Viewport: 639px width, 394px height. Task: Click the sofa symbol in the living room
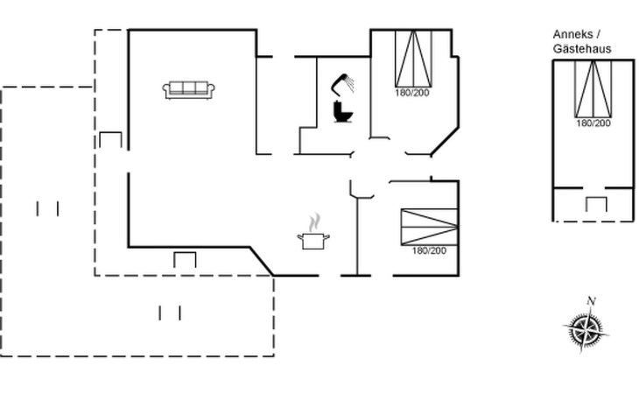click(189, 90)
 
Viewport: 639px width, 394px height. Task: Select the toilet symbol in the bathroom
click(343, 111)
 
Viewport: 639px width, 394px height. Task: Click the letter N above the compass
click(592, 301)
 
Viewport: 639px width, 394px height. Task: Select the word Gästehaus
click(582, 49)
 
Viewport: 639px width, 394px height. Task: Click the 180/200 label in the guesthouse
click(593, 123)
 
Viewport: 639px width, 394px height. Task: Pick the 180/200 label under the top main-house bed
click(412, 93)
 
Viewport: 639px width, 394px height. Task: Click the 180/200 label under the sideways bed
click(429, 250)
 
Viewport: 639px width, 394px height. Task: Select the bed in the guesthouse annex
click(593, 88)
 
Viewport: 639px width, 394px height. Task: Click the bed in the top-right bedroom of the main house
click(414, 59)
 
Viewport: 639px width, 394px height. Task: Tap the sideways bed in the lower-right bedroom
click(430, 227)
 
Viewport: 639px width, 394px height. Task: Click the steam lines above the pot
click(314, 223)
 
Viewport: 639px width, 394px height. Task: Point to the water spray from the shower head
click(350, 84)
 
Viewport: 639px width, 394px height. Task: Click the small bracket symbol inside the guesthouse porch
click(596, 204)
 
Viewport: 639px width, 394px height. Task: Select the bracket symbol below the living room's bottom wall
click(185, 260)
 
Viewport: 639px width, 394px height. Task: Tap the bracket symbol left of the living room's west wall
click(110, 140)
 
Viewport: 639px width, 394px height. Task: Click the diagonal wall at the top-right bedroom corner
click(445, 141)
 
